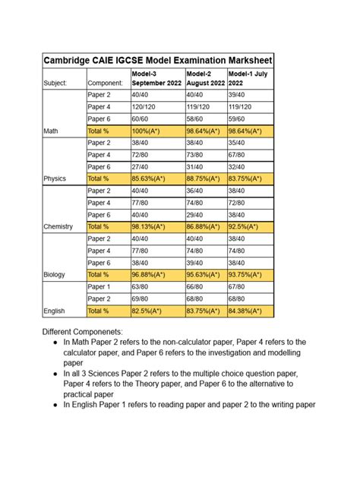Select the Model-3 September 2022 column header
pyautogui.click(x=156, y=77)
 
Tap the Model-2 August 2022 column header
pyautogui.click(x=205, y=77)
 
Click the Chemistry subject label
pyautogui.click(x=58, y=226)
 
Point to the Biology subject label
pyautogui.click(x=54, y=274)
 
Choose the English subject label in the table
pyautogui.click(x=54, y=311)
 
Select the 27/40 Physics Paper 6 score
pyautogui.click(x=140, y=167)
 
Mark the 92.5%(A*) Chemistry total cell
pyautogui.click(x=246, y=226)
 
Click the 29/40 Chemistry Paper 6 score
pyautogui.click(x=195, y=215)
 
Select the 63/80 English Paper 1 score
pyautogui.click(x=140, y=287)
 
